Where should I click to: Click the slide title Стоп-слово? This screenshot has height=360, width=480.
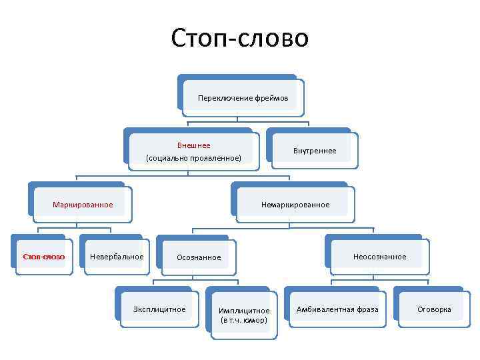coord(240,38)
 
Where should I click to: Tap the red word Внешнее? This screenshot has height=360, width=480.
coord(193,145)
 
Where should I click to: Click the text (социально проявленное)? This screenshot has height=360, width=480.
coord(193,158)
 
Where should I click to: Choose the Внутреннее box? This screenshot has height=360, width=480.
coord(315,151)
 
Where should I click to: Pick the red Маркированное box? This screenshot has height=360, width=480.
coord(83,204)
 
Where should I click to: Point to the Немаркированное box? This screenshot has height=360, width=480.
coord(294,204)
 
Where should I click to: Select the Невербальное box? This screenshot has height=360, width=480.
coord(117,257)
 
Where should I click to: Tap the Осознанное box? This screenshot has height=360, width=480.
coord(198,257)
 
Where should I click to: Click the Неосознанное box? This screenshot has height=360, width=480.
coord(379,257)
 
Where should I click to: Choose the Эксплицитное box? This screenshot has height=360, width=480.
coord(159,309)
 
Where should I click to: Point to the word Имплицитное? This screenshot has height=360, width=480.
coord(244,311)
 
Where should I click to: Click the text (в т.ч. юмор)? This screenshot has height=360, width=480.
coord(244,320)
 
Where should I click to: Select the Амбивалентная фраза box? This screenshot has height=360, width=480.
coord(337,309)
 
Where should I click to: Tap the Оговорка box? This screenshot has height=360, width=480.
coord(434,309)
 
